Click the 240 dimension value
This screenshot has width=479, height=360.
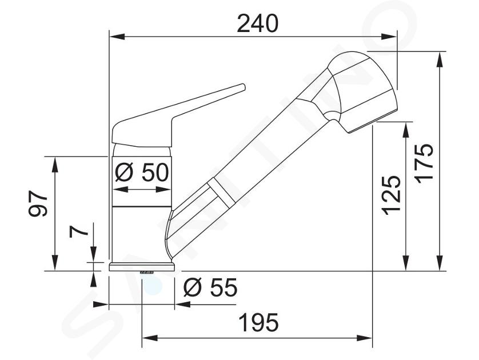click(x=258, y=23)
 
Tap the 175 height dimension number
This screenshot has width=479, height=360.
click(x=424, y=163)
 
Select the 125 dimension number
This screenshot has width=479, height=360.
click(x=392, y=195)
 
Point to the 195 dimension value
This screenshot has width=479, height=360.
click(x=259, y=322)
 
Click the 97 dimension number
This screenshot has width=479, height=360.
click(x=38, y=204)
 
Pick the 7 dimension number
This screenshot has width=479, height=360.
click(x=78, y=232)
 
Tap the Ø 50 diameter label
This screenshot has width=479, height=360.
click(x=142, y=172)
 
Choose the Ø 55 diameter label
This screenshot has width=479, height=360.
click(x=210, y=287)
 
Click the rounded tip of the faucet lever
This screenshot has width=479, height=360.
click(x=242, y=87)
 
